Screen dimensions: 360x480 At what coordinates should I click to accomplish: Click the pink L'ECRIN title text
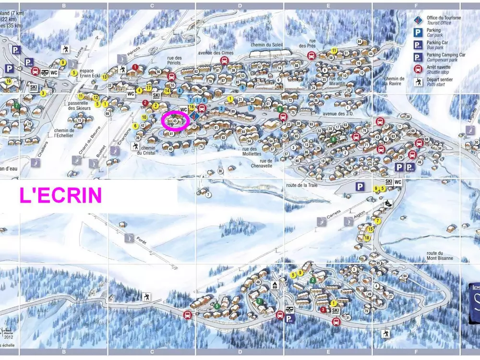tap(60, 195)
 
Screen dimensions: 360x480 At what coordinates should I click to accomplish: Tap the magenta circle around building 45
tap(175, 121)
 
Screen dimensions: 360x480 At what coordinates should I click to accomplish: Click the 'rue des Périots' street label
tap(174, 60)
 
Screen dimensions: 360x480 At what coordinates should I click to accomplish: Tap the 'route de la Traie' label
tap(302, 185)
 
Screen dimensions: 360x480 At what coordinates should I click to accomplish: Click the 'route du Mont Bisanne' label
tap(440, 256)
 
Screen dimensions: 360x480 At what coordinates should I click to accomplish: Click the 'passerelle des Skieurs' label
tap(79, 105)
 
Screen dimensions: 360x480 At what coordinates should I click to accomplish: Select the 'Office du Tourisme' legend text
tap(444, 18)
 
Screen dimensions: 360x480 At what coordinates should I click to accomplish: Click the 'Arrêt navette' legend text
tap(438, 67)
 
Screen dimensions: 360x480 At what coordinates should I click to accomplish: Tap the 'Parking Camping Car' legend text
tap(446, 55)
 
